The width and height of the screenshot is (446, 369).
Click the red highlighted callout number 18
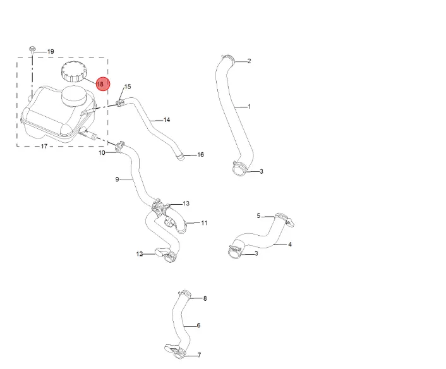(103, 84)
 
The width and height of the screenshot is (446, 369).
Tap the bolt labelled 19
(32, 50)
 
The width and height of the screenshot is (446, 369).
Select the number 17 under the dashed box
(44, 146)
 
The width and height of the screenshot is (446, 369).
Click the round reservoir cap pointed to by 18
(73, 71)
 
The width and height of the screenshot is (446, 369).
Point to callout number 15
(128, 87)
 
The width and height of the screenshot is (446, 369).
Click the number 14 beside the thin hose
(167, 120)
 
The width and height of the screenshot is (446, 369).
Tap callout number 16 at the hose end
(200, 154)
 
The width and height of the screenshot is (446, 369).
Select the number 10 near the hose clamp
(102, 153)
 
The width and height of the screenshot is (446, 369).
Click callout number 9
(118, 179)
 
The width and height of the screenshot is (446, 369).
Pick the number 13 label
(186, 203)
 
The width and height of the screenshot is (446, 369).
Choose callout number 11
(204, 223)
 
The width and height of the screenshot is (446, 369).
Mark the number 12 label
(140, 254)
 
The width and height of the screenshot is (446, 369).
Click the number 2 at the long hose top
(249, 61)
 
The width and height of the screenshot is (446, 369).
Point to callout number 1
(250, 107)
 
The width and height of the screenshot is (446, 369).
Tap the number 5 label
(258, 215)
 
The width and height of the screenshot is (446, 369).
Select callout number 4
(290, 245)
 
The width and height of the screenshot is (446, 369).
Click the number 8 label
(205, 298)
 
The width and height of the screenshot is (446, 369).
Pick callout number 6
(198, 325)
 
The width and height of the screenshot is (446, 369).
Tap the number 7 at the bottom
(200, 355)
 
